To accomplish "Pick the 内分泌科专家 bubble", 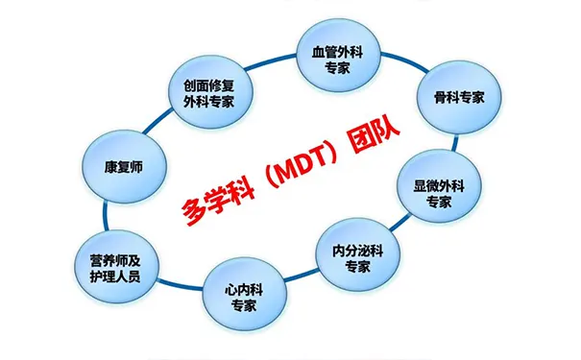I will tap(356, 257).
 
